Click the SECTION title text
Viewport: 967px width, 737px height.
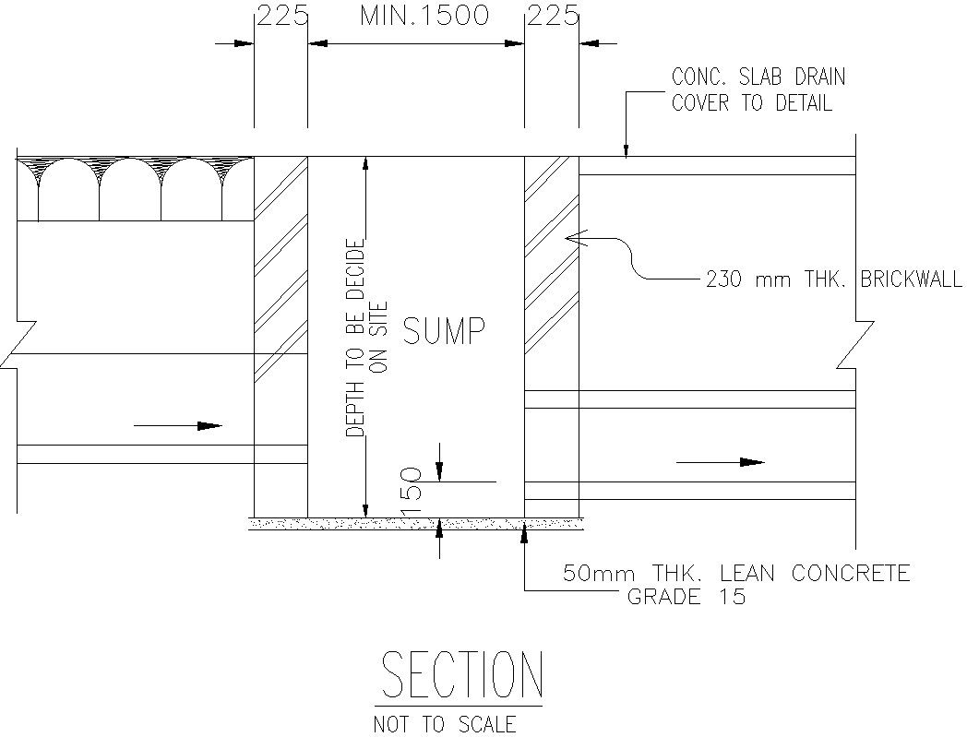[x=461, y=675]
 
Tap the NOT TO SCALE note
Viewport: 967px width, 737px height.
[x=444, y=724]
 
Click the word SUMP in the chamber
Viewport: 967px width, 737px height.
[x=444, y=330]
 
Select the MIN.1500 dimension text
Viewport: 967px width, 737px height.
[x=424, y=17]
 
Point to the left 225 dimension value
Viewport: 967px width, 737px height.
[x=281, y=17]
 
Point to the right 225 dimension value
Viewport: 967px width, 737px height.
[x=552, y=17]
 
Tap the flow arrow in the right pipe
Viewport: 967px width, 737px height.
[x=720, y=461]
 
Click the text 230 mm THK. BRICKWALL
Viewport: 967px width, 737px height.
[x=833, y=279]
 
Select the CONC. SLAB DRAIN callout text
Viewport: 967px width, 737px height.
[x=758, y=77]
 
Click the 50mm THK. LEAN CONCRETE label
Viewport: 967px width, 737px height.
[x=736, y=574]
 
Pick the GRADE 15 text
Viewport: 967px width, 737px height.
[x=686, y=597]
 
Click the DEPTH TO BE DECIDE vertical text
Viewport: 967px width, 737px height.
[x=356, y=337]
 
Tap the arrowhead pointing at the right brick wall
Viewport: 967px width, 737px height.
[x=573, y=238]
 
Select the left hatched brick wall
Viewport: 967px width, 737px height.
[x=281, y=277]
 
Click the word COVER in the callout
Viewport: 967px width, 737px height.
[x=698, y=102]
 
